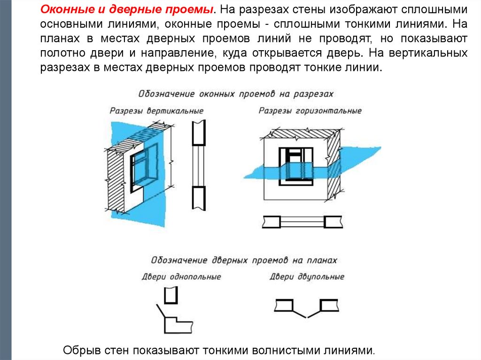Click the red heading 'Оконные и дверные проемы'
coord(127,9)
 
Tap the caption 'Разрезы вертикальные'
coord(156,111)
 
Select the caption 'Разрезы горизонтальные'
coord(310,111)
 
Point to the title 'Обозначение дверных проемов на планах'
coord(244,260)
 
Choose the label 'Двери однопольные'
coord(181,276)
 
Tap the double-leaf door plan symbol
coord(307,307)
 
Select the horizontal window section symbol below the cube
coord(303,222)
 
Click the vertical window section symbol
coord(199,167)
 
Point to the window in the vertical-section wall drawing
coord(143,169)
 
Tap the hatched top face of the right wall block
coord(301,133)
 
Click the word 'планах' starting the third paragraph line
coord(55,37)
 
